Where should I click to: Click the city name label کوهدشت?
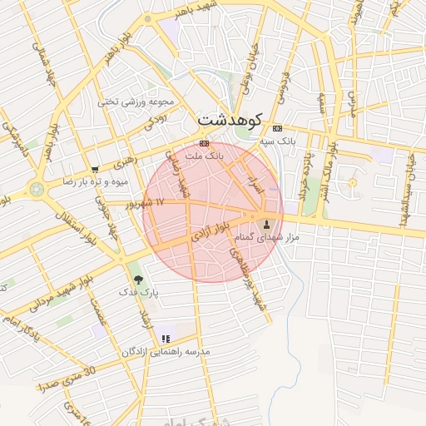(x=230, y=121)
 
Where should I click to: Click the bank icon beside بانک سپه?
(x=277, y=128)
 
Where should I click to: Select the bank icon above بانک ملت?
(x=205, y=143)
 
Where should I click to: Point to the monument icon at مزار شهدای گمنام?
(x=267, y=224)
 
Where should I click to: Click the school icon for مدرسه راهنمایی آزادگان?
(x=166, y=339)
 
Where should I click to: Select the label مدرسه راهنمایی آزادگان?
(x=166, y=352)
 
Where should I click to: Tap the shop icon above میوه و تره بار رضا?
(x=97, y=169)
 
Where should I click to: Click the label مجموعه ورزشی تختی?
(x=138, y=102)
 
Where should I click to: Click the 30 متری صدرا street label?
(x=67, y=377)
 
